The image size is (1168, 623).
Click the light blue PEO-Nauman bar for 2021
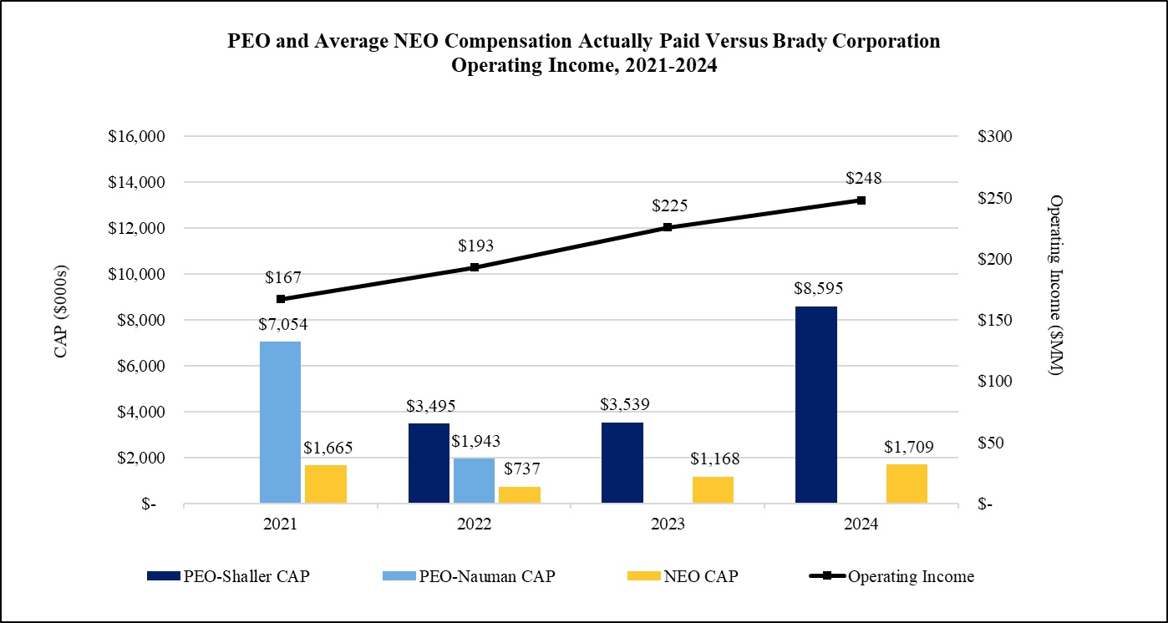click(x=281, y=422)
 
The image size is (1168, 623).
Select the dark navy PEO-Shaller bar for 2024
click(x=816, y=405)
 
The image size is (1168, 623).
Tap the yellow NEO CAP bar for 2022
click(x=520, y=494)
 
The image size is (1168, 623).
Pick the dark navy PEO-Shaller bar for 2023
click(x=622, y=463)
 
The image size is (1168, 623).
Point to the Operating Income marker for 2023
click(x=668, y=227)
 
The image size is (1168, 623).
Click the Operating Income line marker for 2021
click(x=281, y=298)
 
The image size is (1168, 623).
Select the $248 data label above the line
click(x=864, y=178)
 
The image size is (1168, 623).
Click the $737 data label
click(x=519, y=469)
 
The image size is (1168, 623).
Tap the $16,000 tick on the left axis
click(x=137, y=137)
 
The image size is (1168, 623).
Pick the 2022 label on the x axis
click(x=474, y=524)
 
